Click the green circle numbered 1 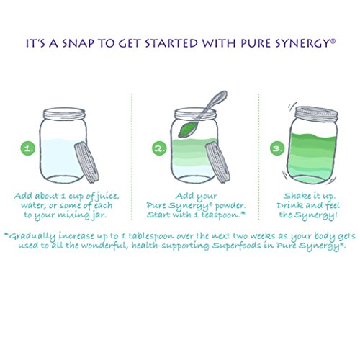28,148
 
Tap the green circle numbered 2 159,148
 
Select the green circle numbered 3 277,148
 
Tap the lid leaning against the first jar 86,163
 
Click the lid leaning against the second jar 217,163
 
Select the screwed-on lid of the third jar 317,112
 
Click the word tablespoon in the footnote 151,236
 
